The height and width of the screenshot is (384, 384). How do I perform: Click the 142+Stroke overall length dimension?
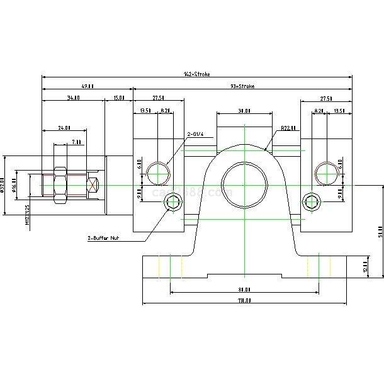196,74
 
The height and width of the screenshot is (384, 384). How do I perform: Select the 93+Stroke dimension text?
242,86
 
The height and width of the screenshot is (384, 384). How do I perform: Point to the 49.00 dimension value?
88,86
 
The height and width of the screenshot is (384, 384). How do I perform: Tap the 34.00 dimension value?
73,98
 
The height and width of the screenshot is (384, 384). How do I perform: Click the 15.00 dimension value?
118,98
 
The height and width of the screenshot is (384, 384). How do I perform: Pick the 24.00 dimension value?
64,128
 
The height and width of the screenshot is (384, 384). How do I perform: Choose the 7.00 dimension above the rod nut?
76,142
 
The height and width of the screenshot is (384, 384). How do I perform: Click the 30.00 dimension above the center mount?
244,111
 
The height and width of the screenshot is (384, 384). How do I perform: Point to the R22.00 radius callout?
288,129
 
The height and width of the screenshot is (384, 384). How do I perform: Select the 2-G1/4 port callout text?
197,134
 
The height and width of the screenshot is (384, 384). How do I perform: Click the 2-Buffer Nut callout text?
104,239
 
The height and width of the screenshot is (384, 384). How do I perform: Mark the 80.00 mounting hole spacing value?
244,290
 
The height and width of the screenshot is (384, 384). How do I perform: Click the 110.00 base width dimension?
244,301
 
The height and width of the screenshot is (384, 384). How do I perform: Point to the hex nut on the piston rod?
61,185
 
